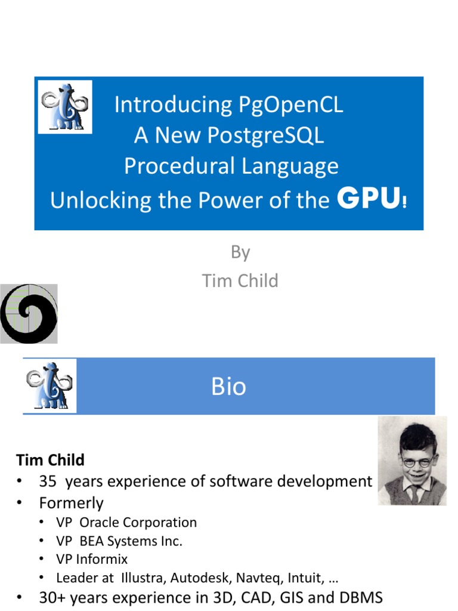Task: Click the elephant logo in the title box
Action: coord(65,107)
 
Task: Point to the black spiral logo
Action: coord(29,314)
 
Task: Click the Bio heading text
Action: coord(228,387)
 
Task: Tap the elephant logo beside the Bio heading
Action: coord(50,386)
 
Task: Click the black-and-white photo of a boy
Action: coord(412,461)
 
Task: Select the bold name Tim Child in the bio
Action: coord(50,460)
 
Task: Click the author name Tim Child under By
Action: coord(240,280)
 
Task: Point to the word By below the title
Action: coord(240,252)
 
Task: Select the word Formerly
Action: coord(71,503)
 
